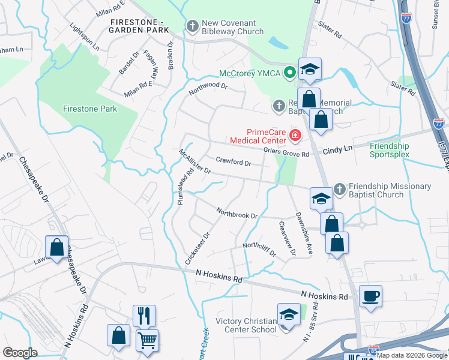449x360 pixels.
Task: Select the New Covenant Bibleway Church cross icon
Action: click(x=193, y=27)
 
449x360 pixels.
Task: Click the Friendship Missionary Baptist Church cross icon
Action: click(x=340, y=190)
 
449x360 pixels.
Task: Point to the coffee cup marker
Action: click(x=370, y=296)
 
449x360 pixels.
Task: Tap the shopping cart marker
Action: click(x=147, y=340)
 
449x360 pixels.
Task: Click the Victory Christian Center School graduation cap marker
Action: click(x=289, y=314)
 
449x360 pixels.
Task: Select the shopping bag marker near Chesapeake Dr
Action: click(x=56, y=247)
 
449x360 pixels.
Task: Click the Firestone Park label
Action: click(x=90, y=109)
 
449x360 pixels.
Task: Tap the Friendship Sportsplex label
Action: click(x=389, y=150)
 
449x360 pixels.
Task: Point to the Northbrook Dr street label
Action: click(x=237, y=213)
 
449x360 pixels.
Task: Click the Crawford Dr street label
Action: click(x=233, y=162)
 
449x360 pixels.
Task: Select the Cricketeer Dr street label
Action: click(x=198, y=248)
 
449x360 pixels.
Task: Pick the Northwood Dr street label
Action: click(x=208, y=89)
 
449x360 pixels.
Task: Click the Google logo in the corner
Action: click(x=20, y=353)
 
